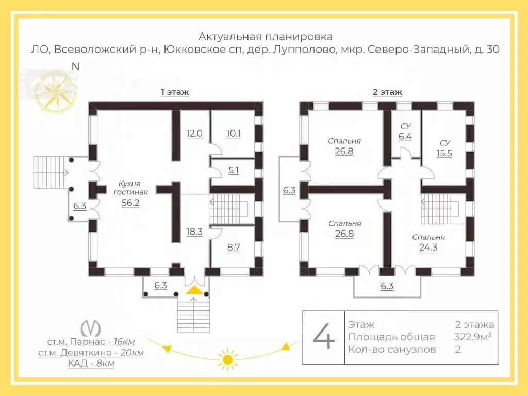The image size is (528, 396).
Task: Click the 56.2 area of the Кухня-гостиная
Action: point(130,203)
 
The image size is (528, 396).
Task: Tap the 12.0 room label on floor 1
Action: point(194,134)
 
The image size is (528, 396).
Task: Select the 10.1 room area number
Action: point(233,134)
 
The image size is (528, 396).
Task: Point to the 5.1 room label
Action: point(233,170)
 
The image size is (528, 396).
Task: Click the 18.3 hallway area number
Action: point(194,232)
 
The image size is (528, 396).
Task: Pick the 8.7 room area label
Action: point(233,247)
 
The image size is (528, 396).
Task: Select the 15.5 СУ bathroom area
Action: point(444,153)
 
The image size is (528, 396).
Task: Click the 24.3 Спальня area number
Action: point(428,247)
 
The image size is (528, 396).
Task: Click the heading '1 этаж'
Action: point(175,92)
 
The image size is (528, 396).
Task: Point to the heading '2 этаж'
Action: point(387,92)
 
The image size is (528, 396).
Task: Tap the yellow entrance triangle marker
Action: point(194,290)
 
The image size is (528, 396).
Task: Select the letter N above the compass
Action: point(76,67)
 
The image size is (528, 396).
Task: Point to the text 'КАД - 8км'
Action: point(91,364)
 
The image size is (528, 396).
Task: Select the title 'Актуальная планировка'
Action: point(266,37)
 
